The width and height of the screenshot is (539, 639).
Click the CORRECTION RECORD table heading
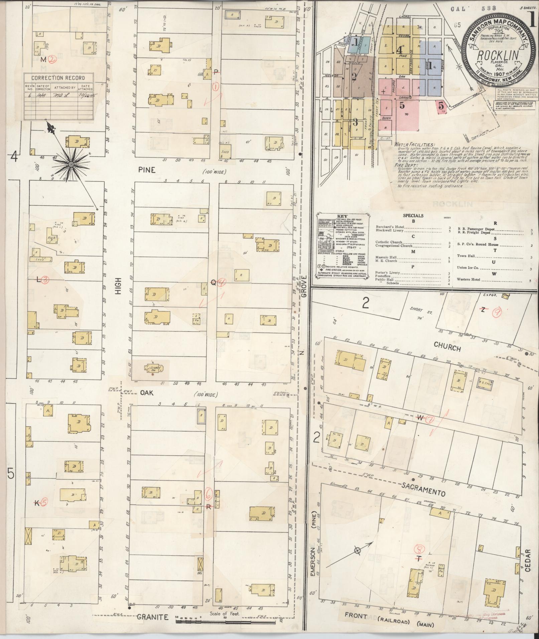(x=58, y=78)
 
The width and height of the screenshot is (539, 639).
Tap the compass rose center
(x=71, y=164)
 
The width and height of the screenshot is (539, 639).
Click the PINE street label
(x=147, y=170)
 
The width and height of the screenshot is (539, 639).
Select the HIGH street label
(x=117, y=287)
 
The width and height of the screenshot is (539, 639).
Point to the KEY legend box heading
(x=342, y=216)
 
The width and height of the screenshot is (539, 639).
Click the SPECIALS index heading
(x=413, y=215)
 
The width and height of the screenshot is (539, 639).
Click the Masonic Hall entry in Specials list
(x=386, y=257)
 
